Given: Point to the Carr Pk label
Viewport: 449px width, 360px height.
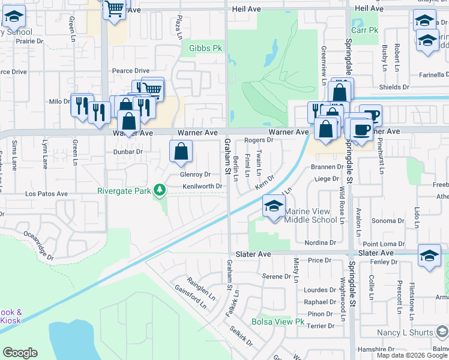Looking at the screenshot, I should click(x=365, y=29).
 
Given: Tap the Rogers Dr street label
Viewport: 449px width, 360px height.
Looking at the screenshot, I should click(x=259, y=140).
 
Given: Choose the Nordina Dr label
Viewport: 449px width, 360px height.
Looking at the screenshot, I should click(x=320, y=243).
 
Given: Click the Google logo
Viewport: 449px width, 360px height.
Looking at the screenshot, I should click(x=20, y=353).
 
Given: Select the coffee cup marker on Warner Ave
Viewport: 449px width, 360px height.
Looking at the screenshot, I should click(x=361, y=129).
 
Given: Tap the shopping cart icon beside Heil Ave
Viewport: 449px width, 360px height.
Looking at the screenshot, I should click(x=114, y=9).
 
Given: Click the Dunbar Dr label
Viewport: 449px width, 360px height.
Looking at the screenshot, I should click(x=127, y=152).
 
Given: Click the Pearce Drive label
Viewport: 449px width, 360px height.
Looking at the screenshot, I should click(x=131, y=71).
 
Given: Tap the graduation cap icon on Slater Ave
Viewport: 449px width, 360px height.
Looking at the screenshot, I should click(x=429, y=255).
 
